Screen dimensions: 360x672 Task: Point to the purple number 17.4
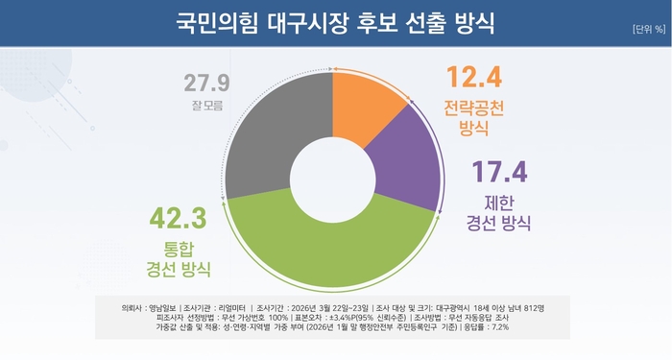pyautogui.click(x=498, y=173)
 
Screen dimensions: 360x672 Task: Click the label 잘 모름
pyautogui.click(x=204, y=106)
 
